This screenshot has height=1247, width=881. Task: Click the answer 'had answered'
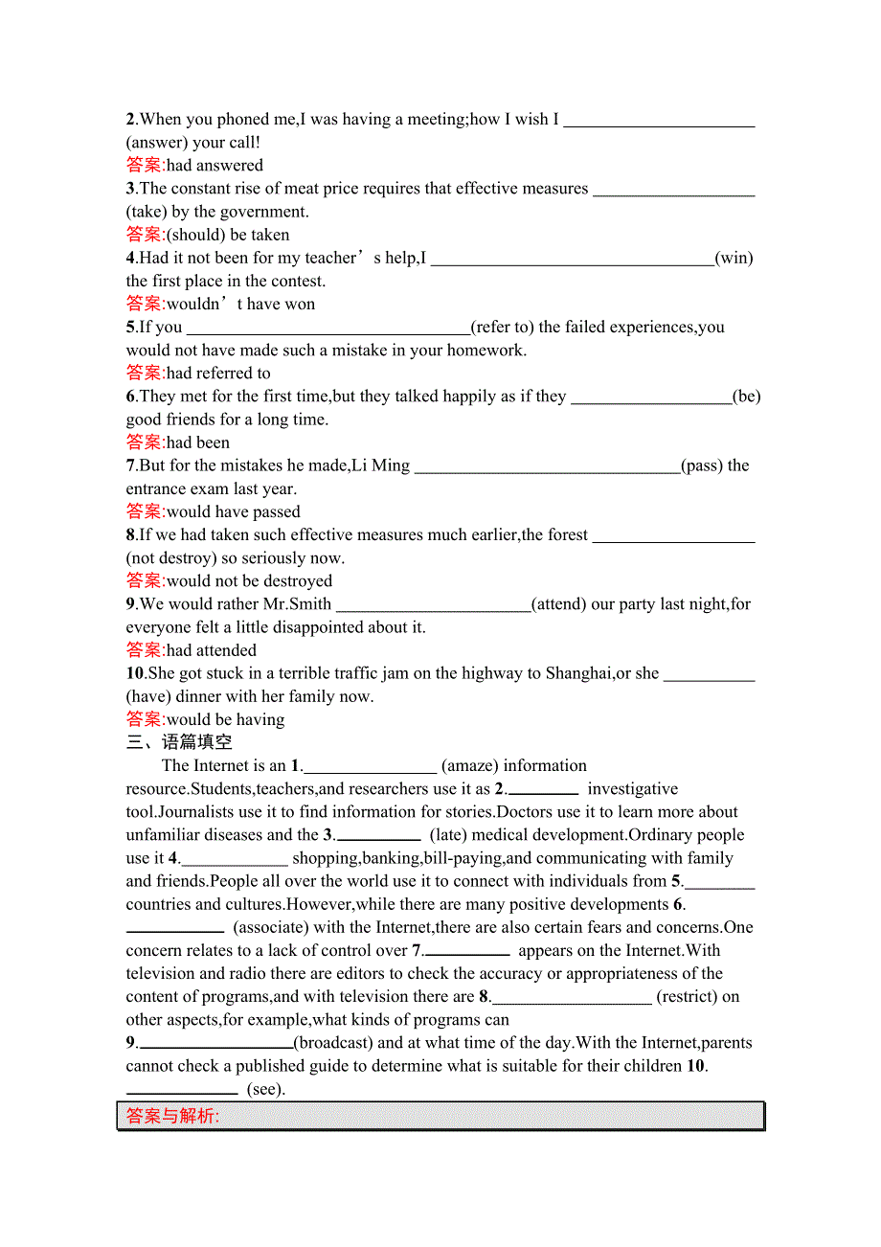point(215,166)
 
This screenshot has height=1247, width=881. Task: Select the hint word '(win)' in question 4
point(734,258)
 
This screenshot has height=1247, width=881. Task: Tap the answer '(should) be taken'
point(228,235)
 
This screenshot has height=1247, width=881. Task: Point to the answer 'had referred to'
point(218,374)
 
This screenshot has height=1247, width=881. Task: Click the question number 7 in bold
point(130,465)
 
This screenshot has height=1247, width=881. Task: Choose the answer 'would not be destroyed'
point(249,581)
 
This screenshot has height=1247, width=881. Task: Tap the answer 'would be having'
point(225,719)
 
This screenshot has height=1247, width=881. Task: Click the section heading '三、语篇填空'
point(179,742)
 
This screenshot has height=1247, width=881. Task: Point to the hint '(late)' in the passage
point(449,835)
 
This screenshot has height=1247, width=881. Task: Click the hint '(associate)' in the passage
point(271,927)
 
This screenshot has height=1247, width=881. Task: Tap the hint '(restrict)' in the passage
point(687,996)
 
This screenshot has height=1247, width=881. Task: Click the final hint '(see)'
point(266,1089)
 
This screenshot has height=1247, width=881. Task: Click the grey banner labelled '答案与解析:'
point(441,1116)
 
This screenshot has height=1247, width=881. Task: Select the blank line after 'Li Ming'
point(547,466)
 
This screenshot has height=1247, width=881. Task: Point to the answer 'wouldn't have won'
point(240,305)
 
